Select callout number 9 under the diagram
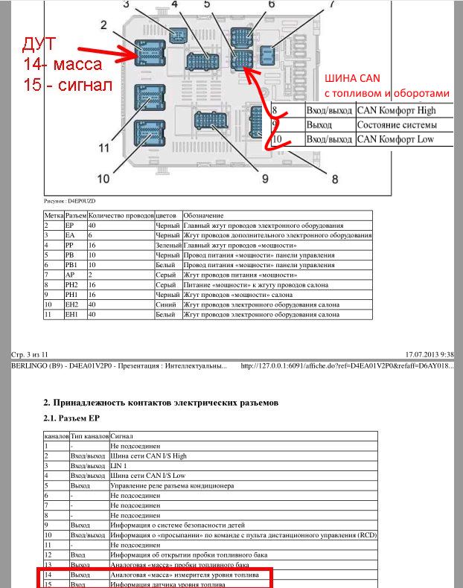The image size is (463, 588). (x=264, y=178)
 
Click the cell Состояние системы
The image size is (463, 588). (x=395, y=125)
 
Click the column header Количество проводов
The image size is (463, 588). (x=121, y=215)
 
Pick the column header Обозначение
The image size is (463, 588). (x=203, y=215)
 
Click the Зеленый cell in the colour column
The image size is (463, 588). (x=168, y=245)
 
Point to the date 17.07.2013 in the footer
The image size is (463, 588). (x=424, y=355)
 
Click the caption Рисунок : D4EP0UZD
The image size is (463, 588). (x=70, y=201)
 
